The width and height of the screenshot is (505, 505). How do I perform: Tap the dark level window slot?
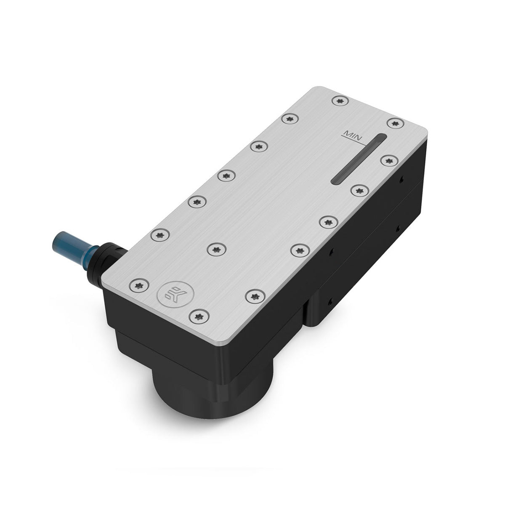pos(359,159)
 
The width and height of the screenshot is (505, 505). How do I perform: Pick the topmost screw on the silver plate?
pos(340,101)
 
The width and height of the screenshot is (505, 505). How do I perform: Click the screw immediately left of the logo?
pos(139,286)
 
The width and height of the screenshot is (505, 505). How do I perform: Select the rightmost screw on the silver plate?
pos(396,123)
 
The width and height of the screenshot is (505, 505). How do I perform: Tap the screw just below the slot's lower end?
pos(359,191)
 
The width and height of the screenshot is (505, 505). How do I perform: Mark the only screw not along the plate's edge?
pos(217,250)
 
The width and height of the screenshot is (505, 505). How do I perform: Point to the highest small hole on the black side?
pos(401,180)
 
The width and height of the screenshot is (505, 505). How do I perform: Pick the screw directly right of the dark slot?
pos(389,160)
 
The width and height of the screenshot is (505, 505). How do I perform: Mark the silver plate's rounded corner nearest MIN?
pos(423,128)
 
